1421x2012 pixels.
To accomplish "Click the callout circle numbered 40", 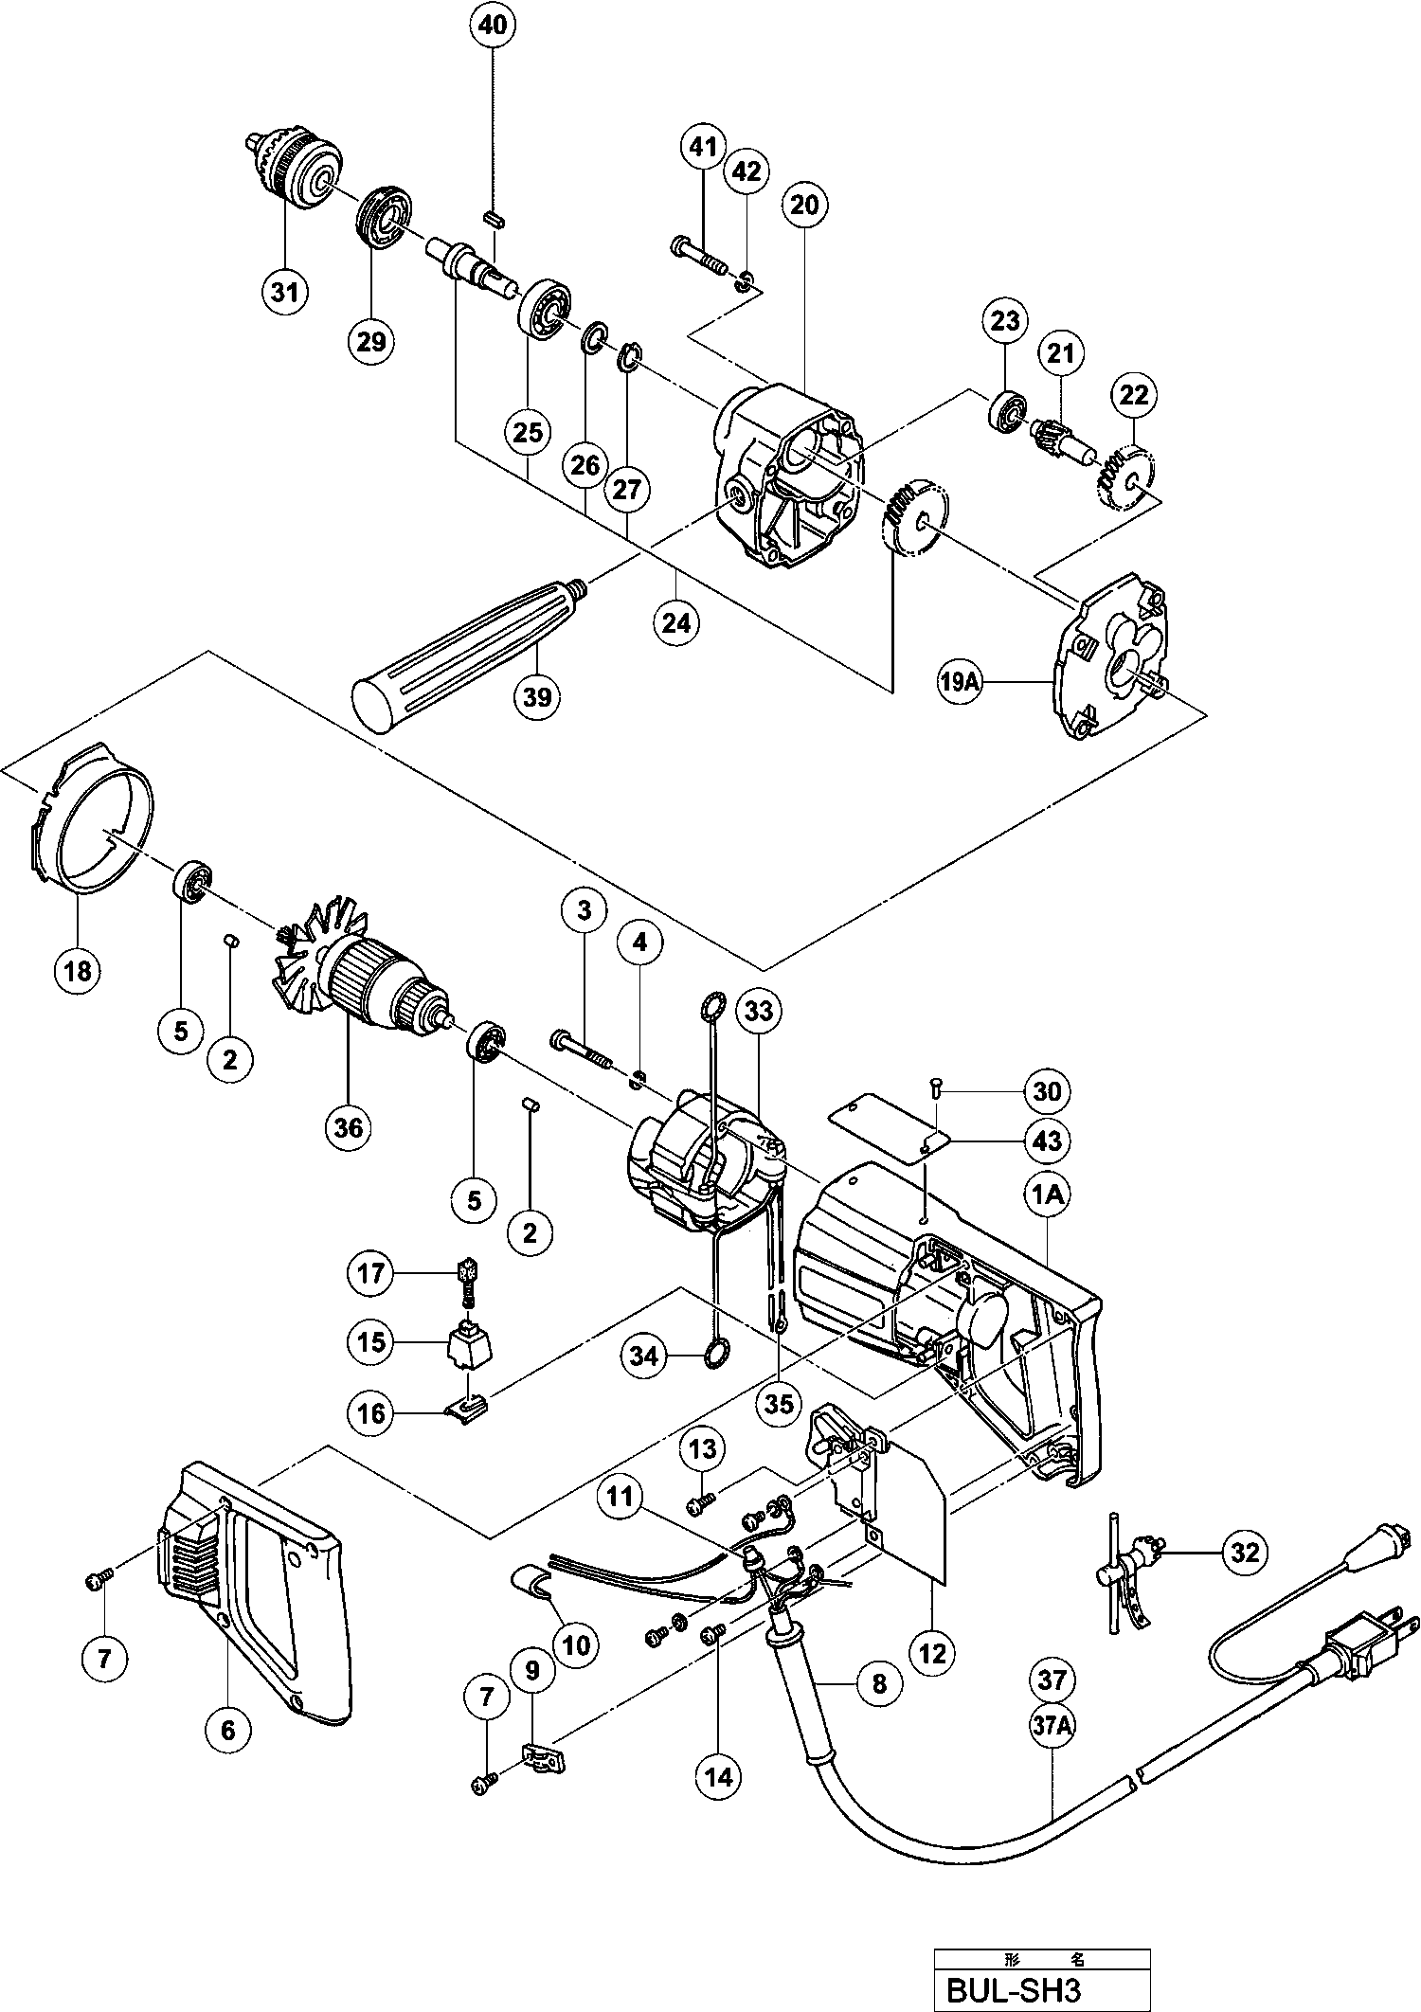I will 493,27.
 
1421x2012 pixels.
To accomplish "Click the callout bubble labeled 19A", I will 959,681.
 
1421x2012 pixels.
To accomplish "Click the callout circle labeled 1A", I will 1047,1196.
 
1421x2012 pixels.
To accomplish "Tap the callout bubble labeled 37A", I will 1052,1727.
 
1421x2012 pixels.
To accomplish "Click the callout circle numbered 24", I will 676,622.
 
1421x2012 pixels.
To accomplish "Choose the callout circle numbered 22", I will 1134,395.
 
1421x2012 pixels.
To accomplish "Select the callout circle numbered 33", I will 759,1012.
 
